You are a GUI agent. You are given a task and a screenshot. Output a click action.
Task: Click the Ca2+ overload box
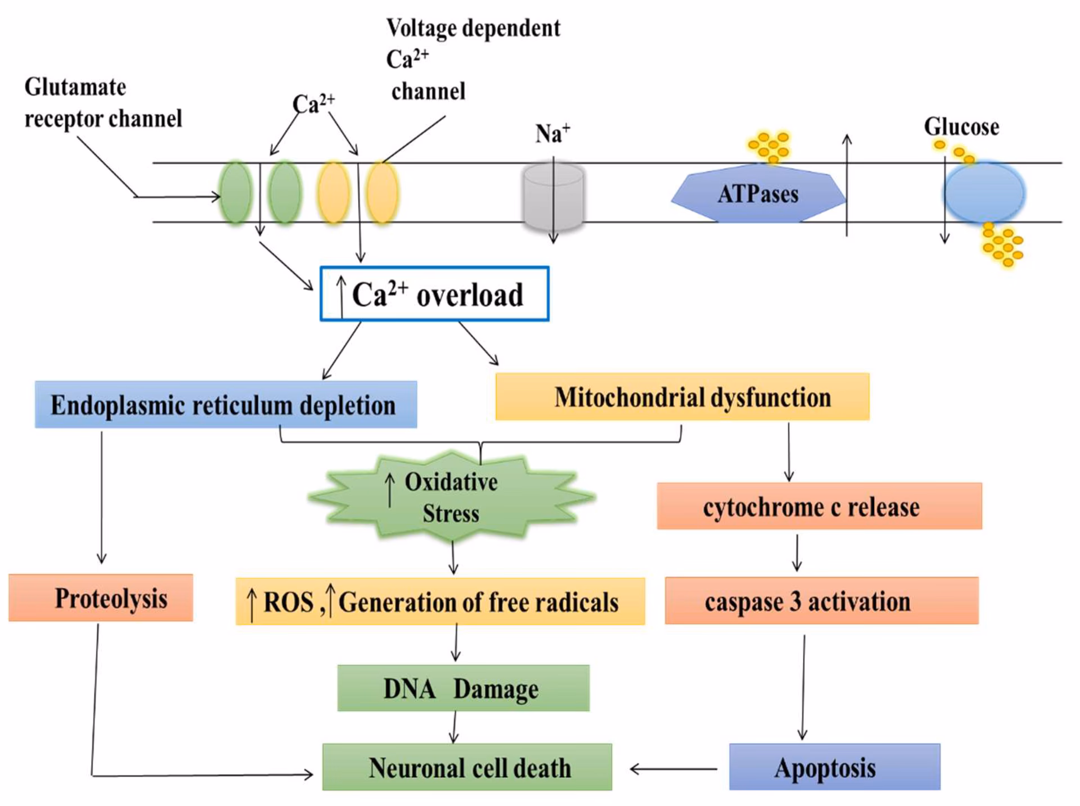[434, 294]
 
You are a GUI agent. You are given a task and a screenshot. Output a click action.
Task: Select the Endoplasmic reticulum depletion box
[226, 405]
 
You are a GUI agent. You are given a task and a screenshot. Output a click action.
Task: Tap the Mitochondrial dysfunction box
[682, 397]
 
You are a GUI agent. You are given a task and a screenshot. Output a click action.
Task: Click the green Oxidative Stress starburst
[451, 497]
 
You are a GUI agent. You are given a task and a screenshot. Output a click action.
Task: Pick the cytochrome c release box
[819, 506]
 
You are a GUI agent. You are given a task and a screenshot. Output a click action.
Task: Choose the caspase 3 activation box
[821, 601]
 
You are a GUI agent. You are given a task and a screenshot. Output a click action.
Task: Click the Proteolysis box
[101, 598]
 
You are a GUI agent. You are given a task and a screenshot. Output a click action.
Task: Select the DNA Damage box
[463, 689]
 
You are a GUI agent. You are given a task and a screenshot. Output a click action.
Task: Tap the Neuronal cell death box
[467, 768]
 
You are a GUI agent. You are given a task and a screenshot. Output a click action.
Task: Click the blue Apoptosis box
[834, 768]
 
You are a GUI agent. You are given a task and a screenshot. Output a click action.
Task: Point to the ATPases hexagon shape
[758, 194]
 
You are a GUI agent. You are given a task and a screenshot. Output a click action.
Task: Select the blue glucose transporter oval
[984, 193]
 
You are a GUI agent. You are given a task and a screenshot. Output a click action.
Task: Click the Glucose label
[961, 127]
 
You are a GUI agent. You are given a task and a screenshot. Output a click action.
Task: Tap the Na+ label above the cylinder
[552, 134]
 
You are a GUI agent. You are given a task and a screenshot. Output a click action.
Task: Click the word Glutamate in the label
[75, 88]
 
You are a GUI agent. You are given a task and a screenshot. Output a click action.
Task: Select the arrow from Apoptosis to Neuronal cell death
[673, 769]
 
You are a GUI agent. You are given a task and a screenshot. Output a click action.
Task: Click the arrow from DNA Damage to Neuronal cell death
[454, 727]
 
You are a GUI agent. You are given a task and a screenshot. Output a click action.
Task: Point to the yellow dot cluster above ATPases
[769, 146]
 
